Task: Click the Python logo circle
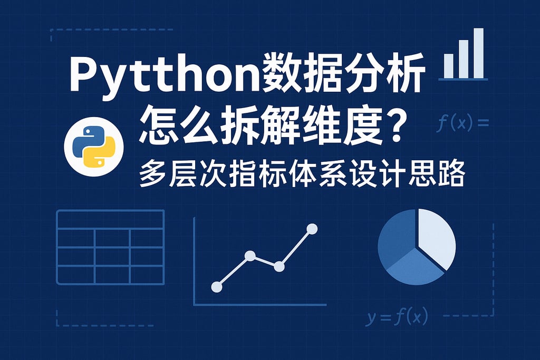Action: [x=94, y=147]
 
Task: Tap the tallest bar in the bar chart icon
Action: [x=478, y=53]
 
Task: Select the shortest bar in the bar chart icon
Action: [x=448, y=66]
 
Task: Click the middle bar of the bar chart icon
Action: [x=464, y=60]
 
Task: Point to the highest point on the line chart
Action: [x=312, y=229]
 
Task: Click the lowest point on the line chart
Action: [x=217, y=287]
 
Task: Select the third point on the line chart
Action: [x=279, y=266]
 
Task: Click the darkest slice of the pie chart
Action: [x=396, y=238]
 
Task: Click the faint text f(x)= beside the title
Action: [x=462, y=123]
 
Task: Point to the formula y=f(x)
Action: [x=397, y=317]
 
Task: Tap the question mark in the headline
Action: [x=393, y=128]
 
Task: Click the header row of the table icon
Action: [x=110, y=219]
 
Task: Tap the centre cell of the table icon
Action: [x=112, y=256]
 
